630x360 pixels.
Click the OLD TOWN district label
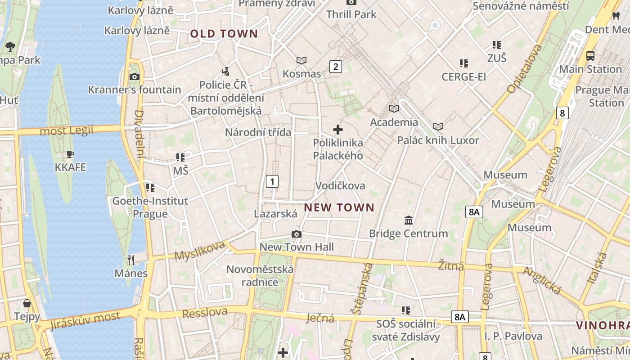pyautogui.click(x=224, y=34)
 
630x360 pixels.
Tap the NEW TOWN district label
pyautogui.click(x=339, y=207)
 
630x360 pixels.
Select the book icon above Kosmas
pyautogui.click(x=301, y=60)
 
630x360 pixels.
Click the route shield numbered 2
pyautogui.click(x=335, y=67)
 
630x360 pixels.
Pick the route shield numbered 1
pyautogui.click(x=272, y=181)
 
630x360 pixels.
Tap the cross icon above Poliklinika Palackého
pyautogui.click(x=338, y=130)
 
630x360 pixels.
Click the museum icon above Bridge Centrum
pyautogui.click(x=409, y=220)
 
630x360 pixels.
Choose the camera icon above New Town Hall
pyautogui.click(x=297, y=234)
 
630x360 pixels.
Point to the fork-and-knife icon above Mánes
pyautogui.click(x=131, y=260)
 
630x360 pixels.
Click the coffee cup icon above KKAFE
pyautogui.click(x=70, y=154)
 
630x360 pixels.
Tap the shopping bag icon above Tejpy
pyautogui.click(x=27, y=303)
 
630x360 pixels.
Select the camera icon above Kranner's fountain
pyautogui.click(x=134, y=76)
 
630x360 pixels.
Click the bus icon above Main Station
pyautogui.click(x=590, y=56)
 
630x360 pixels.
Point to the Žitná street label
pyautogui.click(x=451, y=266)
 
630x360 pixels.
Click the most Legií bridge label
pyautogui.click(x=67, y=131)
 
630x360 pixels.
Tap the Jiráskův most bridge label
pyautogui.click(x=85, y=320)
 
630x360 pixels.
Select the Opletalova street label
pyautogui.click(x=525, y=69)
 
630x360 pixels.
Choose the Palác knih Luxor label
pyautogui.click(x=438, y=140)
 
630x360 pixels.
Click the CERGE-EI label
pyautogui.click(x=463, y=77)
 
